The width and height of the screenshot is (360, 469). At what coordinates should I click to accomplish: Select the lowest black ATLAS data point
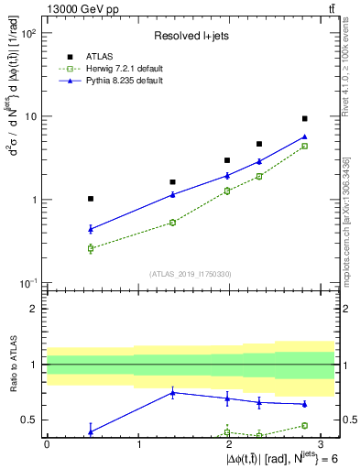(90, 199)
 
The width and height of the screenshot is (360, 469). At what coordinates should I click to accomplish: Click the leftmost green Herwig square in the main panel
(90, 248)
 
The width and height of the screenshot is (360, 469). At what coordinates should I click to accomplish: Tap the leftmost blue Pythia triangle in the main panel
(90, 229)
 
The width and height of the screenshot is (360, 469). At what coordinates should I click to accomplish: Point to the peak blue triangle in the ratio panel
(173, 393)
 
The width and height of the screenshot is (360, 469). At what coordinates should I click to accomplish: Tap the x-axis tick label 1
(138, 442)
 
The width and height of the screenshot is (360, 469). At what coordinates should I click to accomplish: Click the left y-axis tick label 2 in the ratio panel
(35, 309)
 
